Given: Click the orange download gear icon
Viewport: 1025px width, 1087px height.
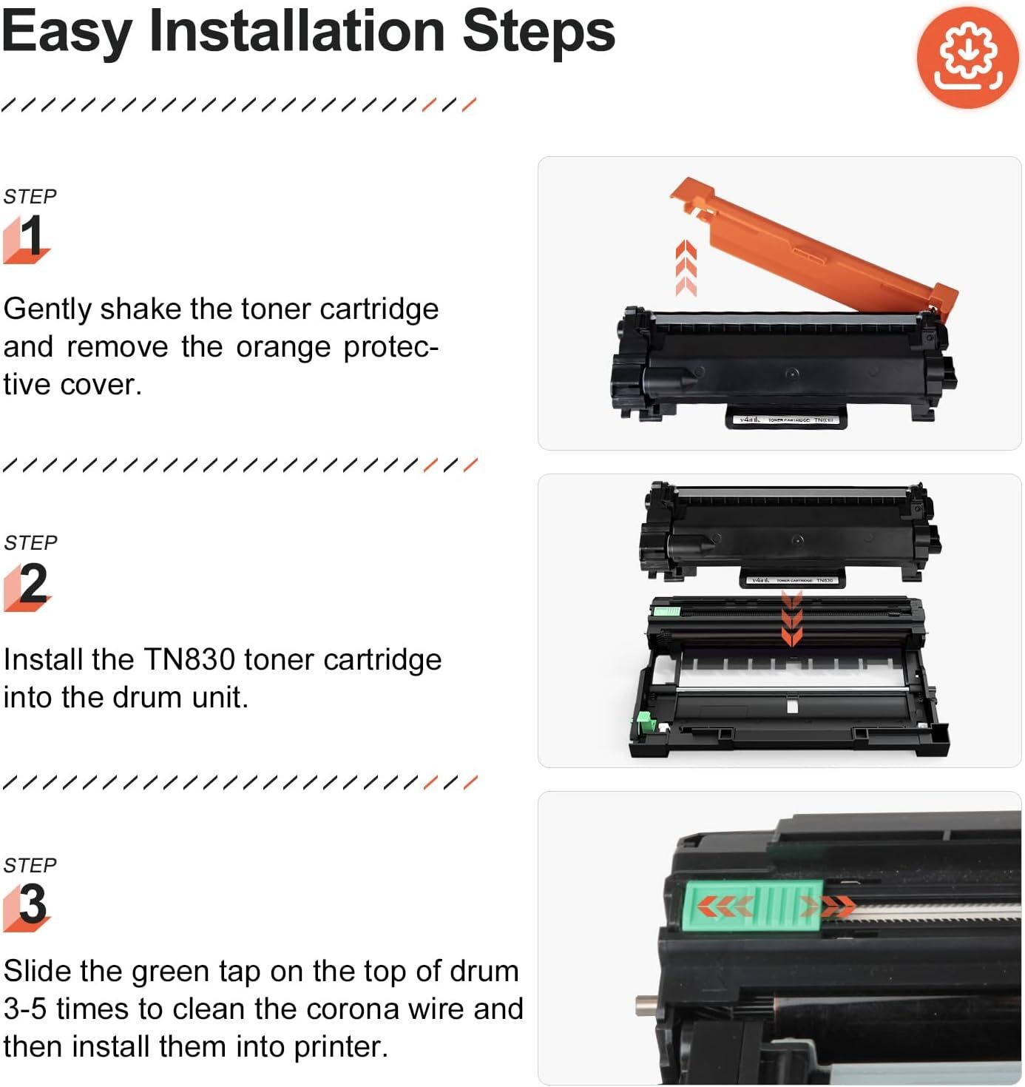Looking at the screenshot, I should [967, 58].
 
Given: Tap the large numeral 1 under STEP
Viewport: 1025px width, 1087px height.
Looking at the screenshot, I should [30, 236].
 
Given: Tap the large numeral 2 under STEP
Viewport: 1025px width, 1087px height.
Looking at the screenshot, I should [33, 584].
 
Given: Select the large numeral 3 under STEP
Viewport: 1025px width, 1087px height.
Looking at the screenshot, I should [33, 904].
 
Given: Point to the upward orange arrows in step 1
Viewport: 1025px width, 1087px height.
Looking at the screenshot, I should [686, 268].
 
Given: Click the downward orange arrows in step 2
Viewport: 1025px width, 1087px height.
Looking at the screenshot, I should [791, 618].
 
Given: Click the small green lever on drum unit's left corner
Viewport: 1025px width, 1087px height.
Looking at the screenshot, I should [644, 723].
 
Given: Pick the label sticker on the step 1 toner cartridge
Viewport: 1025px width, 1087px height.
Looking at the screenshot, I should [786, 420].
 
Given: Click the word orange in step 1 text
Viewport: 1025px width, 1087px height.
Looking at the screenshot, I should [283, 347].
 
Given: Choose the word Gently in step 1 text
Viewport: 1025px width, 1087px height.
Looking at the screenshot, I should [47, 309].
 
